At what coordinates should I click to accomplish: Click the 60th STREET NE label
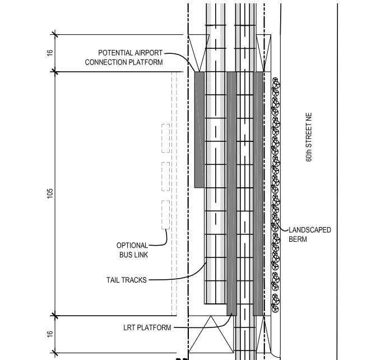click(x=309, y=137)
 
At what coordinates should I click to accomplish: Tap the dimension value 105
click(x=50, y=193)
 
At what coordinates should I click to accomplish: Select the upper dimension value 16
click(x=50, y=53)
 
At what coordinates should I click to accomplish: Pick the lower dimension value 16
click(x=50, y=334)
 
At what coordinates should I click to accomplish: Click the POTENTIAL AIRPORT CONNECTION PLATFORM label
click(x=124, y=57)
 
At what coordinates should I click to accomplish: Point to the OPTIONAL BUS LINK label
click(x=133, y=250)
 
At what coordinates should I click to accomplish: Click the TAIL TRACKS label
click(x=127, y=280)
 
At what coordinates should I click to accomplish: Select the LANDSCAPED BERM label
click(x=309, y=234)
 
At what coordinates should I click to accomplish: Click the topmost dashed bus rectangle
click(x=165, y=138)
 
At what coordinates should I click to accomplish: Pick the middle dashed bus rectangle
click(x=165, y=176)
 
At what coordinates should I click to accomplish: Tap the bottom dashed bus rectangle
click(x=165, y=214)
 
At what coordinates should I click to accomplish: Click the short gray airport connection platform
click(x=199, y=129)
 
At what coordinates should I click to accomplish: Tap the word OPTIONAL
click(x=133, y=245)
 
